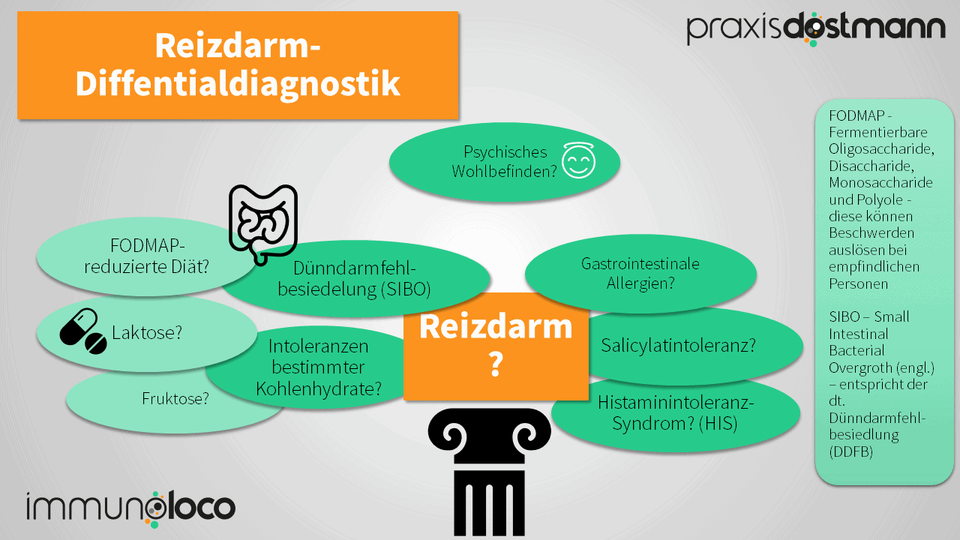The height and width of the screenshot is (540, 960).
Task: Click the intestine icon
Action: pyautogui.click(x=262, y=223)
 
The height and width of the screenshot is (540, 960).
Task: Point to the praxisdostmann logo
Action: pyautogui.click(x=815, y=28)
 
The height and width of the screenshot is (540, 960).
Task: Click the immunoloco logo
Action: pyautogui.click(x=130, y=508)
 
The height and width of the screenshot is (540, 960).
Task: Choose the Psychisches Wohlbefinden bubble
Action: pyautogui.click(x=504, y=161)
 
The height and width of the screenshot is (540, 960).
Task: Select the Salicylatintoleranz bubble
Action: pyautogui.click(x=678, y=346)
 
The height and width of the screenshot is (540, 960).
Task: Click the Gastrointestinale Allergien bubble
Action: pyautogui.click(x=640, y=273)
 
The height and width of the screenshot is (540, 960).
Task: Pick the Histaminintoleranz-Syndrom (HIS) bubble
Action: pyautogui.click(x=675, y=413)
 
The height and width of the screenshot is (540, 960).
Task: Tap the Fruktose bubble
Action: pyautogui.click(x=175, y=399)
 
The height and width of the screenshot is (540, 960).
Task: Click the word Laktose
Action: pyautogui.click(x=147, y=332)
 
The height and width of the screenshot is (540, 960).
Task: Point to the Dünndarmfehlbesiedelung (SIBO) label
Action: pyautogui.click(x=354, y=278)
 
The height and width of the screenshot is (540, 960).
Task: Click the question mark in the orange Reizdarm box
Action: pyautogui.click(x=495, y=364)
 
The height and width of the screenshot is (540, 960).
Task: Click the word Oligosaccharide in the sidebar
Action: pyautogui.click(x=882, y=149)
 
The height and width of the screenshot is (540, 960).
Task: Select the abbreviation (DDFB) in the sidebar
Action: pyautogui.click(x=851, y=451)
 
